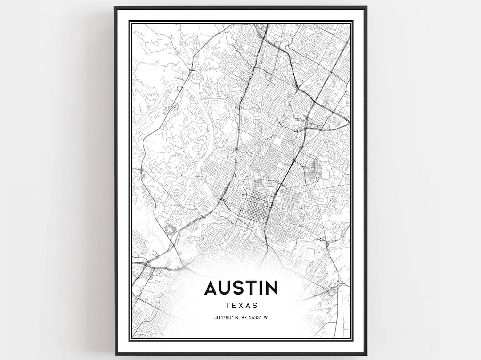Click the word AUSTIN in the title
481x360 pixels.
(241, 288)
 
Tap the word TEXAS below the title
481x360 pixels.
(241, 306)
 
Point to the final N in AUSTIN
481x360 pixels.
(271, 288)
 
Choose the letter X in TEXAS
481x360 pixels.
(241, 306)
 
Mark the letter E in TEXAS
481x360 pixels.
(234, 306)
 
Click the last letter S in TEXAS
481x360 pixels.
(255, 306)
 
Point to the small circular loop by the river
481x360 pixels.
(179, 89)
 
